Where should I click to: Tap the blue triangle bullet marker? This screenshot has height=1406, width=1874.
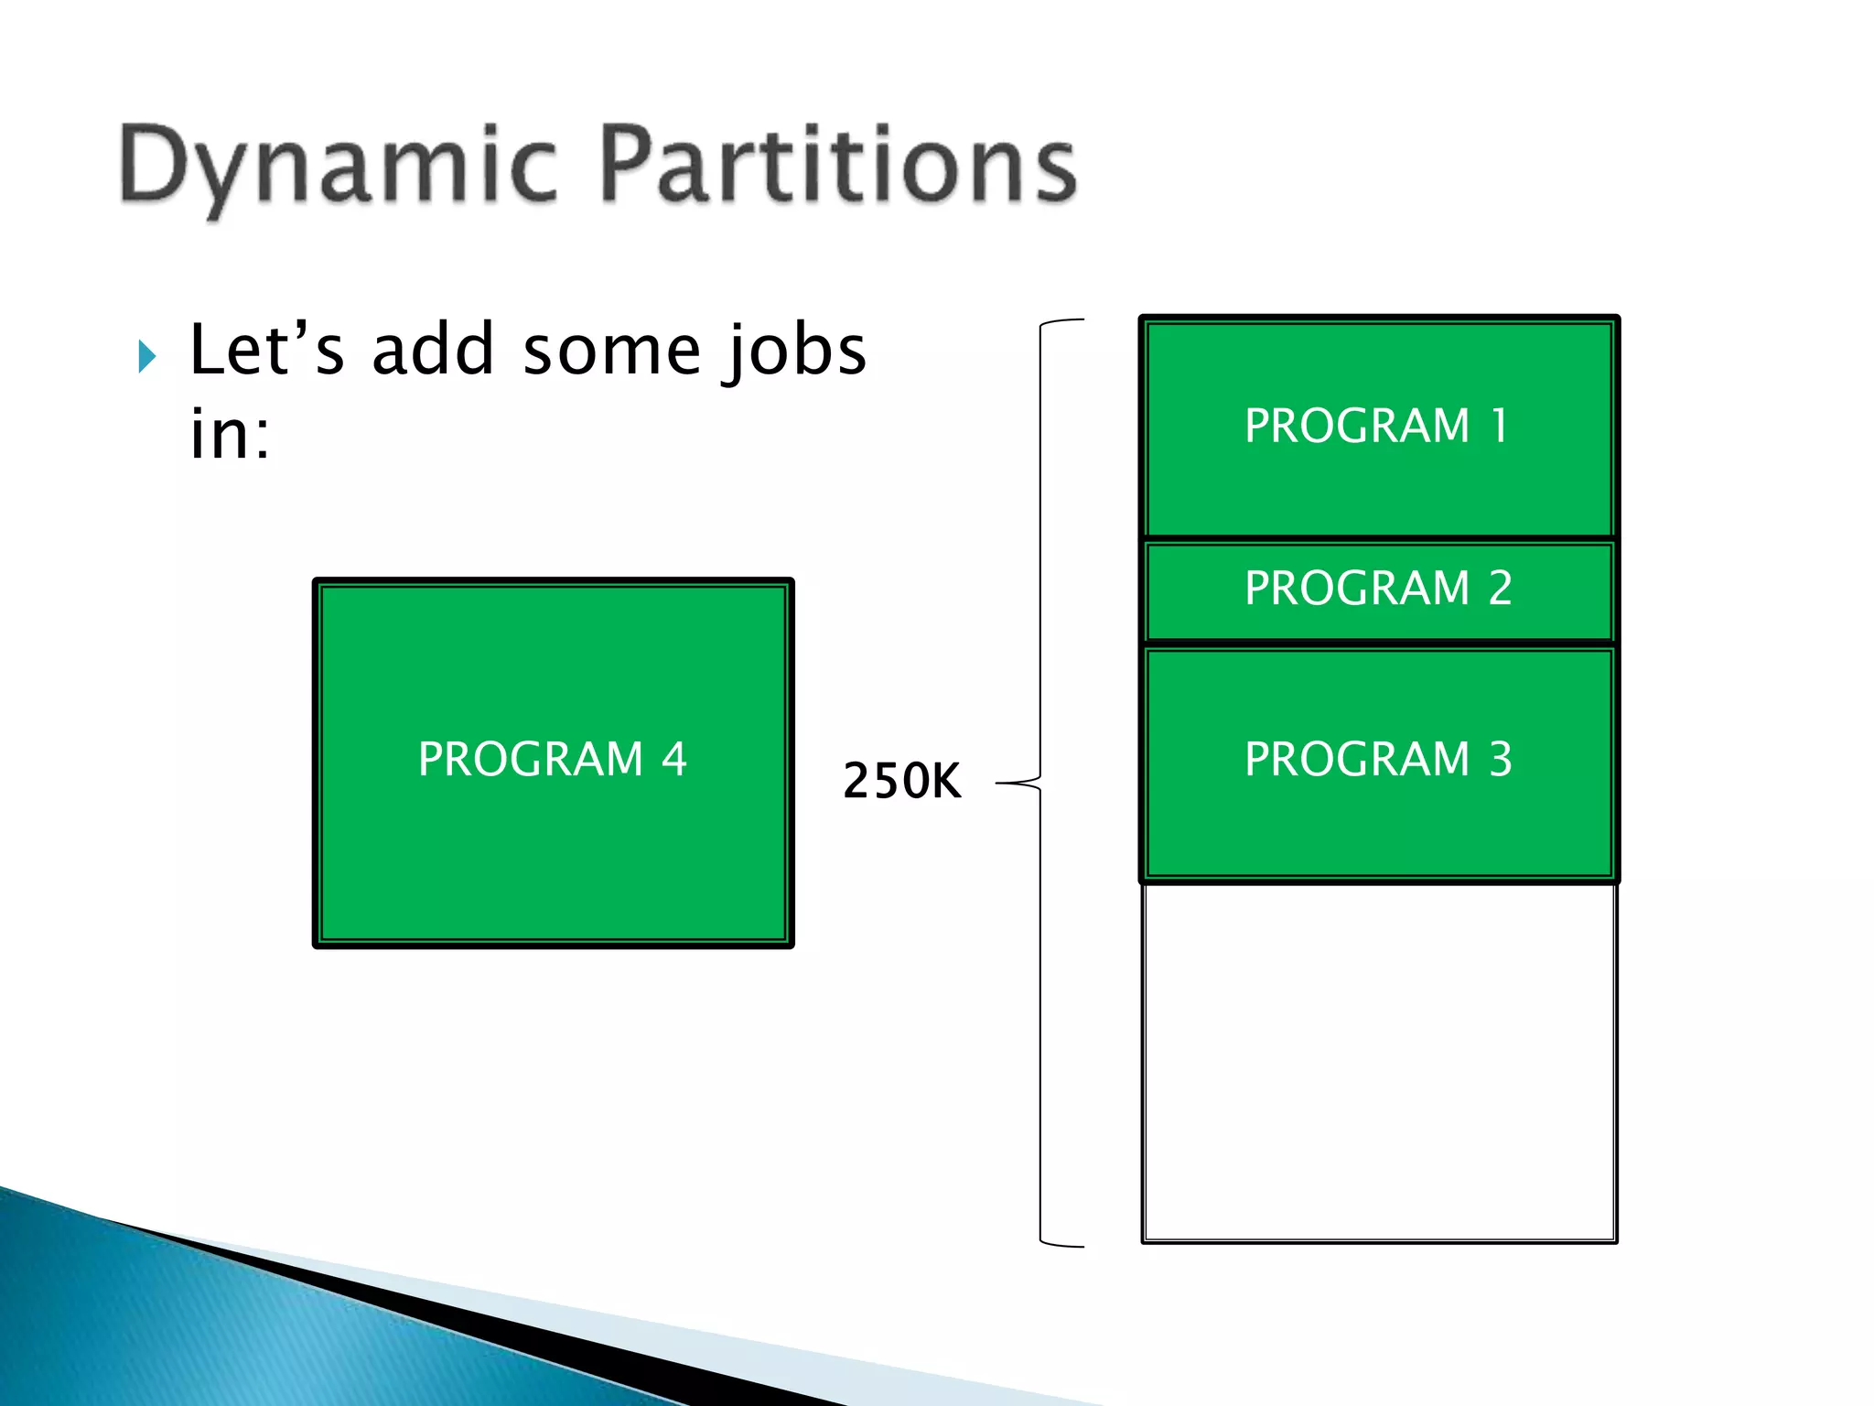pos(146,356)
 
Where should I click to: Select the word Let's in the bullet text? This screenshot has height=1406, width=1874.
pos(266,351)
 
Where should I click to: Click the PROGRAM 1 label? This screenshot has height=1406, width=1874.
pos(1376,427)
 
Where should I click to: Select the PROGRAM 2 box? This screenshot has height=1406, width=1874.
pos(1378,589)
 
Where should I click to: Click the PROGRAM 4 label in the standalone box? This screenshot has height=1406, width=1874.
pos(552,760)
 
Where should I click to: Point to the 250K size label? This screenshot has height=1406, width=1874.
pos(901,782)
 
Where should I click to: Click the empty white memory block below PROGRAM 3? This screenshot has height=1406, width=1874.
pos(1378,1062)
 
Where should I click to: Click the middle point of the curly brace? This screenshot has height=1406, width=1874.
pos(1018,784)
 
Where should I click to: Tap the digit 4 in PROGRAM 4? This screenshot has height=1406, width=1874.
pos(674,760)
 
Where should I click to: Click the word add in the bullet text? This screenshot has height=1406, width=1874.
pos(433,351)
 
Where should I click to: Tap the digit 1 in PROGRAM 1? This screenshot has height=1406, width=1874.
pos(1499,427)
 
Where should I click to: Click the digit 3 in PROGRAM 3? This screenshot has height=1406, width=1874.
pos(1501,760)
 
